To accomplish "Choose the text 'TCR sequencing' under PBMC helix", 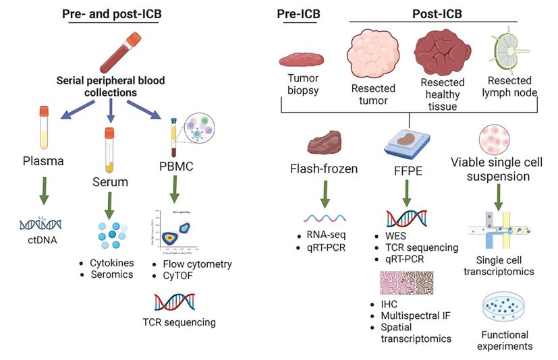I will [180, 322].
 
